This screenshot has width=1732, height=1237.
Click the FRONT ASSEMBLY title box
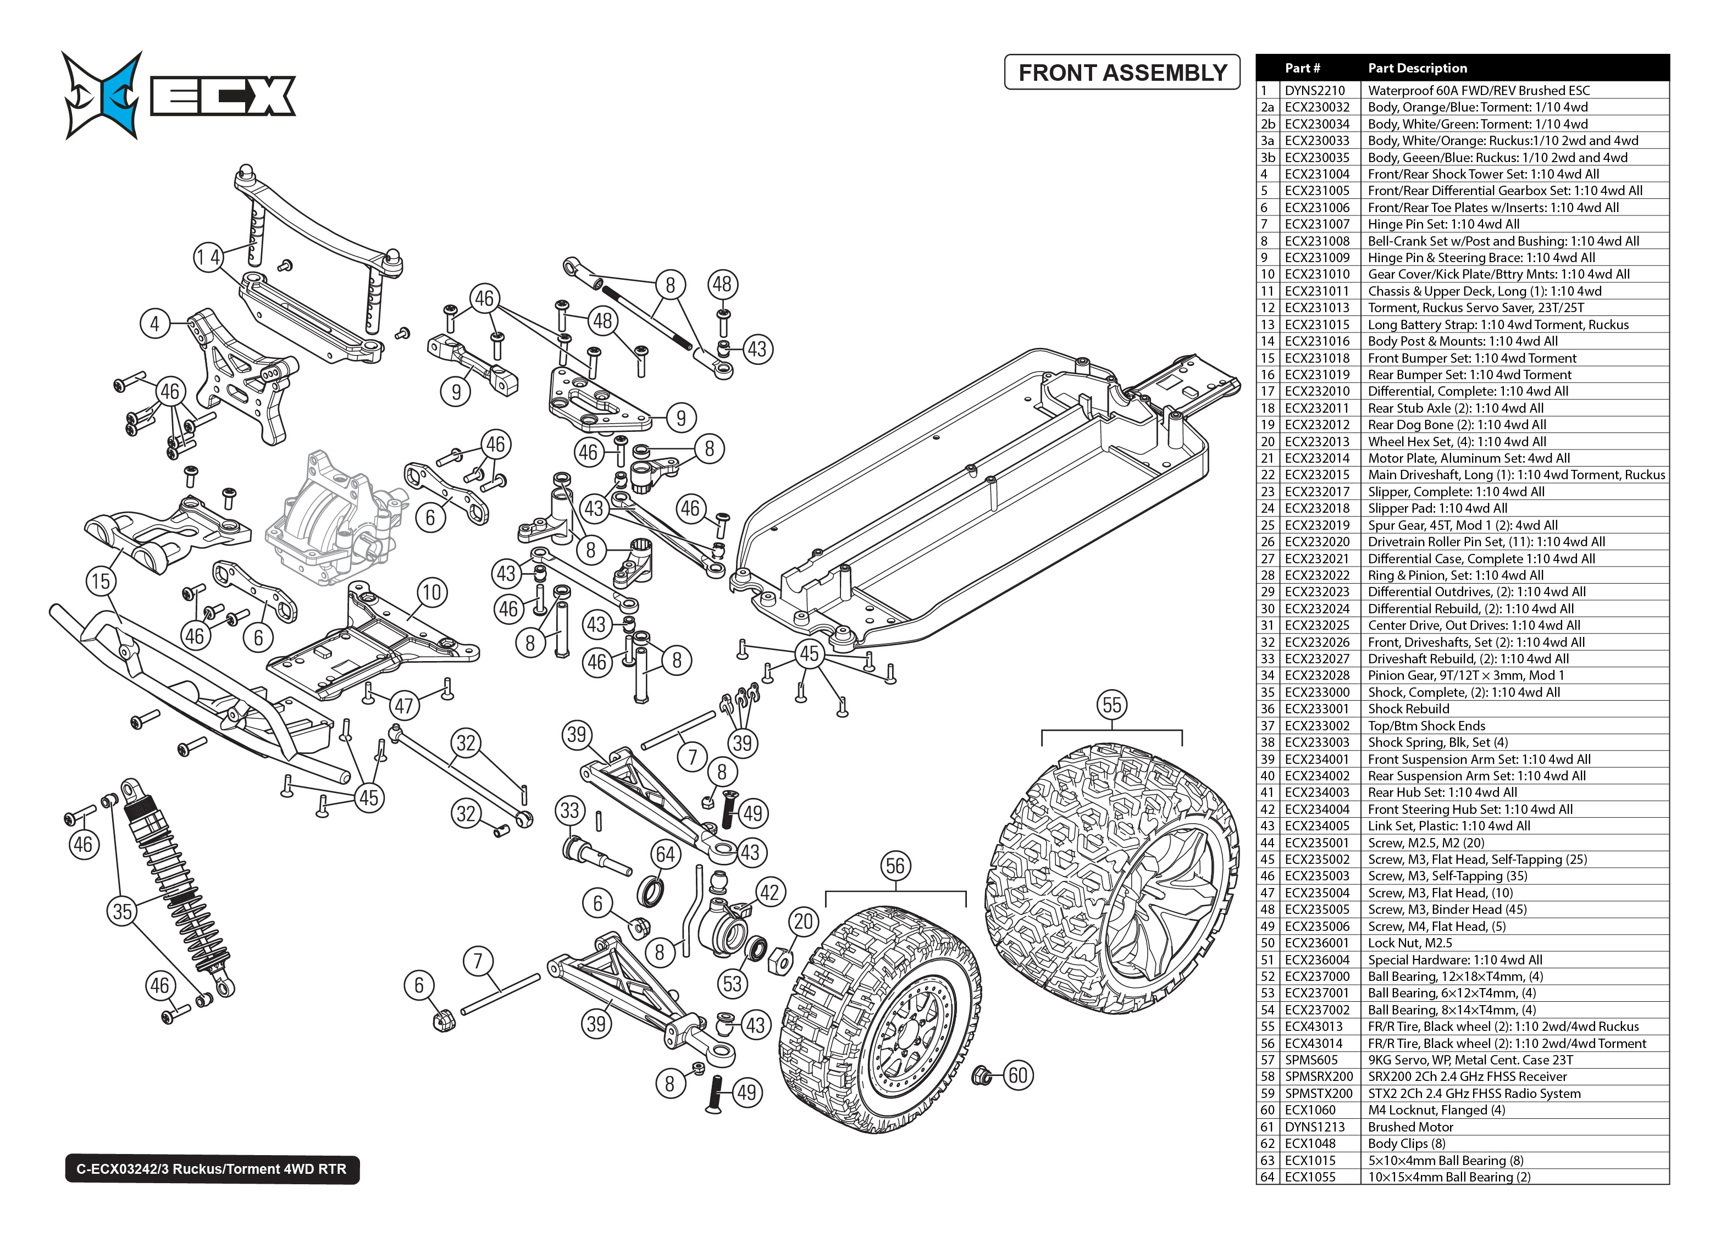tap(1122, 73)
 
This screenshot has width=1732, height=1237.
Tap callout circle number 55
tap(1111, 705)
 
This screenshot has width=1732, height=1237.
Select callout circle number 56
tap(895, 866)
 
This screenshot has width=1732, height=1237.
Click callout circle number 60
tap(1017, 1075)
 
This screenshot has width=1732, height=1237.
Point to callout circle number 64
tap(666, 855)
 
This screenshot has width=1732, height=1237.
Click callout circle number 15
tap(101, 582)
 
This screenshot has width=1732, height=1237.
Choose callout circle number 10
tap(431, 592)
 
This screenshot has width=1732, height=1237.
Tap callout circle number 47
tap(403, 706)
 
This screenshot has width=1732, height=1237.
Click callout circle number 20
tap(804, 922)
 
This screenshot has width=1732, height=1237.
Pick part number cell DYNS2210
tap(1315, 91)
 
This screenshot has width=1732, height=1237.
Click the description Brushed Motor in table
tap(1410, 1127)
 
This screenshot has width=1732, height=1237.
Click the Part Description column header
tap(1416, 68)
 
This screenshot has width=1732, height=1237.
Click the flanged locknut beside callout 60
tap(983, 1075)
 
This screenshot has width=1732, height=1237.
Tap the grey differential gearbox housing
tap(331, 518)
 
